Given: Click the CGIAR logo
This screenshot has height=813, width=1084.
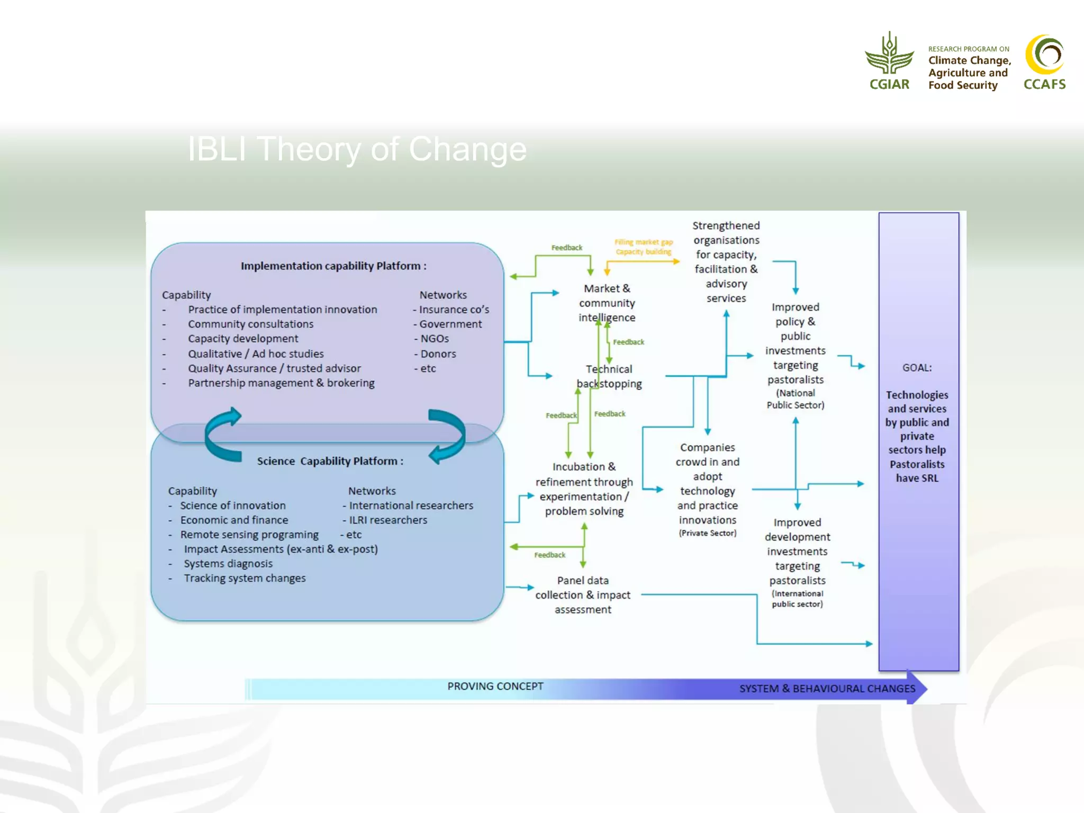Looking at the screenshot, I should point(889,61).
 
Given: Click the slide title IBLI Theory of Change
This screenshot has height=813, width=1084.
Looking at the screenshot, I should point(357,149).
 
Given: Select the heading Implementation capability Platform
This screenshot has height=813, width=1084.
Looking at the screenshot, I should point(333,266).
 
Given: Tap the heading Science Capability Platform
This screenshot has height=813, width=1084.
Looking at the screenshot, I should point(330,461).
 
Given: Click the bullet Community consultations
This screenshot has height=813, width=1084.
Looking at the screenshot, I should point(250,324).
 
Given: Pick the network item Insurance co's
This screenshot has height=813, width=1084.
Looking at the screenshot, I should point(453,310).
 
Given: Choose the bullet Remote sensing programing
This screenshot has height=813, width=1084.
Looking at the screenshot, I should point(249,535).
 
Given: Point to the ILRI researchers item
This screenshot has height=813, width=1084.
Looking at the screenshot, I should point(387,520).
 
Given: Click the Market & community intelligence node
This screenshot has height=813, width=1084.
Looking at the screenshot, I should point(607,303).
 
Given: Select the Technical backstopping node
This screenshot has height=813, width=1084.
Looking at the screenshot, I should point(609,376).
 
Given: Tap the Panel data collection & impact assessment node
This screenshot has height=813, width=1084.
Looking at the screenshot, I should point(583,595).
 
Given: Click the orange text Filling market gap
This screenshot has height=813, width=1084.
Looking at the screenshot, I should point(644,242).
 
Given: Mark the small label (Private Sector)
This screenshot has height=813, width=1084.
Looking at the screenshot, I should point(707,534).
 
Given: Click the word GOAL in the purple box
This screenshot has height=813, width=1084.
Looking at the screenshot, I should point(917,368).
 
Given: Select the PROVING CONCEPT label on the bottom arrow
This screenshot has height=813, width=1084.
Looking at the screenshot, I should point(495,686).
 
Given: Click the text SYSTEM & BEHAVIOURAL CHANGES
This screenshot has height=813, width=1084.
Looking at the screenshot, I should point(827,689).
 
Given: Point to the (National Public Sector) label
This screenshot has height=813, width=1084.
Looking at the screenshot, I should point(795,399).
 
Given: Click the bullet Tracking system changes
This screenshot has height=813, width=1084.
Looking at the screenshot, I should point(245,579).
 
